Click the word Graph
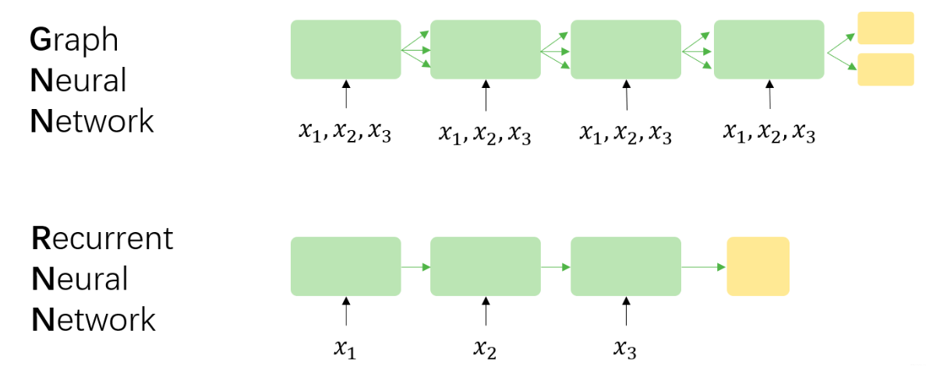74,40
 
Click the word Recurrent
102,238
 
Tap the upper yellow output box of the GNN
885,29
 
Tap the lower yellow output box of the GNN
885,69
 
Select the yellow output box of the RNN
758,266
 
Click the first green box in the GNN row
345,50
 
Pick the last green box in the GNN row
769,50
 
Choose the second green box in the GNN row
485,50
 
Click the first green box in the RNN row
345,266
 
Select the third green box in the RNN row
626,266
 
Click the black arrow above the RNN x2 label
486,311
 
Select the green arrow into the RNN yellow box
704,267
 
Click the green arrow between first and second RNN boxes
415,267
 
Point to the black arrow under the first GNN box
345,94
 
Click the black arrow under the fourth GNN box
769,94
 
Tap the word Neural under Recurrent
80,280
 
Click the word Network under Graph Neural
92,122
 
